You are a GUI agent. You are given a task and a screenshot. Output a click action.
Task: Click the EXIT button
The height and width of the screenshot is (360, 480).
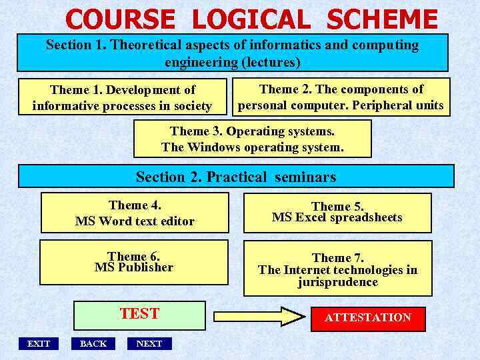(x=38, y=343)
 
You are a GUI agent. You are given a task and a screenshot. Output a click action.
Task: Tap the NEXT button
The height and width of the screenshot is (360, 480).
(x=149, y=343)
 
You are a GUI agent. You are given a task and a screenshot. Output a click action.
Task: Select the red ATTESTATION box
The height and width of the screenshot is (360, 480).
(x=368, y=317)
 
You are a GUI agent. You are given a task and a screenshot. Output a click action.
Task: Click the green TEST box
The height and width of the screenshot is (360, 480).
(x=139, y=315)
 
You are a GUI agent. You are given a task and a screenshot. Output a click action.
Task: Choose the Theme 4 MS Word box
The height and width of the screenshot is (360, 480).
(x=135, y=213)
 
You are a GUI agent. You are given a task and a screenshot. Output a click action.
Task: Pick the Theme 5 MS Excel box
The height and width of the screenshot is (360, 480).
(x=337, y=213)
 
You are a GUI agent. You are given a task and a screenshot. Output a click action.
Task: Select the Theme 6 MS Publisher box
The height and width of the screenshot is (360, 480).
(x=134, y=262)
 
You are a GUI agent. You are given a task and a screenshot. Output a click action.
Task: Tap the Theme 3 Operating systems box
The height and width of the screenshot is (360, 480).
(x=253, y=139)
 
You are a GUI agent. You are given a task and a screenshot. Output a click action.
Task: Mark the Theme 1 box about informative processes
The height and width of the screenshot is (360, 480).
(x=123, y=97)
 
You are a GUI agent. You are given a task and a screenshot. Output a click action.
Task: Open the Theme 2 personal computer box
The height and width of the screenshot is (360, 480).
(x=341, y=97)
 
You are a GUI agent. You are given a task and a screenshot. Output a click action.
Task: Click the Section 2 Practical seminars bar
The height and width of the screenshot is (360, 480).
(x=236, y=177)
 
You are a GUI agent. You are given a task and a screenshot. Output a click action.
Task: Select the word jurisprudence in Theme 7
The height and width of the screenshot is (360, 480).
(x=338, y=282)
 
